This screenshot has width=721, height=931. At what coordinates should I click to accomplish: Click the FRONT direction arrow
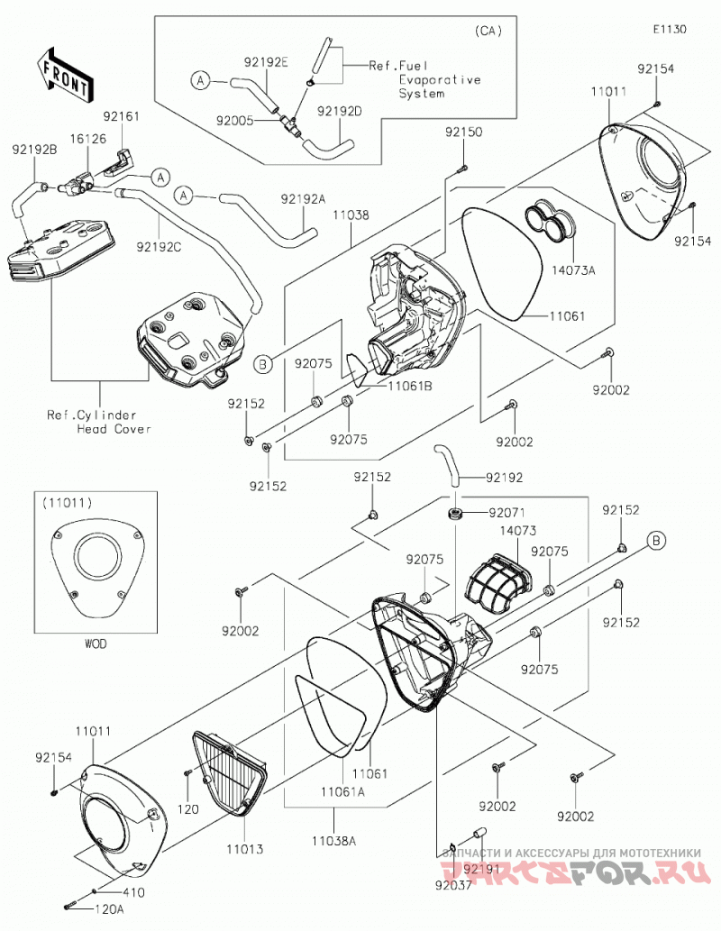pyautogui.click(x=63, y=73)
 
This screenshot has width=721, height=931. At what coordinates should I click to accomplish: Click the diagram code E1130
pyautogui.click(x=670, y=29)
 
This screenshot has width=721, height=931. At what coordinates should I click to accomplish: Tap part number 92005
pyautogui.click(x=235, y=121)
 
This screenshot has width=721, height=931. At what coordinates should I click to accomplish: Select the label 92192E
pyautogui.click(x=266, y=61)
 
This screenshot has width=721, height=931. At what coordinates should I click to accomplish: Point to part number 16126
pyautogui.click(x=87, y=139)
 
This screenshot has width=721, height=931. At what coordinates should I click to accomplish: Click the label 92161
pyautogui.click(x=121, y=115)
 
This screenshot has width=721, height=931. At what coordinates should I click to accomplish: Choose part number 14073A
pyautogui.click(x=573, y=270)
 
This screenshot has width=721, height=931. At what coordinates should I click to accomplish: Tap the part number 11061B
pyautogui.click(x=410, y=386)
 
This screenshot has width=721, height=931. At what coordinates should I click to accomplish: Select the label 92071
pyautogui.click(x=507, y=512)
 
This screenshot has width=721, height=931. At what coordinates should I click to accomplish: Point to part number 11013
pyautogui.click(x=244, y=849)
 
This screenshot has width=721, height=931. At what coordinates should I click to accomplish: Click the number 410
pyautogui.click(x=133, y=892)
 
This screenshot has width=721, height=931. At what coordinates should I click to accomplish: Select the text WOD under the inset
pyautogui.click(x=95, y=643)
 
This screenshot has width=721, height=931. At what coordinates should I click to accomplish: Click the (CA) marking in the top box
pyautogui.click(x=488, y=31)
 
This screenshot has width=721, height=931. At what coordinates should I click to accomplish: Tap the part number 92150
pyautogui.click(x=464, y=132)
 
